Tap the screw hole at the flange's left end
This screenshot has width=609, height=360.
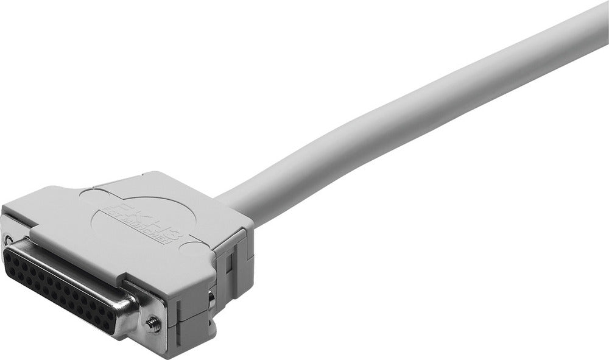tap(9, 239)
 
